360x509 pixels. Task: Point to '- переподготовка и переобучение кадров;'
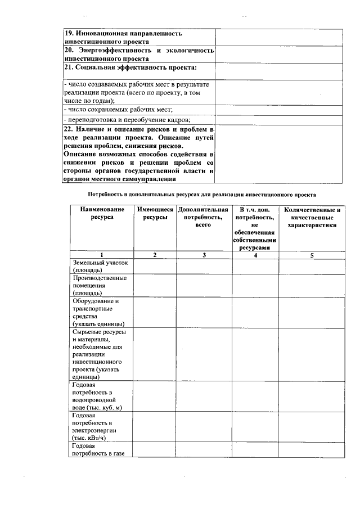point(127,120)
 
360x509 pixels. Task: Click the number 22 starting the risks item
point(68,129)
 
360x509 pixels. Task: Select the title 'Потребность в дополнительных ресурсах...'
point(202,194)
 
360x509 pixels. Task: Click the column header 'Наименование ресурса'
point(101,213)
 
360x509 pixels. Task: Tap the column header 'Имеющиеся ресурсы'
point(154,213)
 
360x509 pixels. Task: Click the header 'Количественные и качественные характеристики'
point(312,217)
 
